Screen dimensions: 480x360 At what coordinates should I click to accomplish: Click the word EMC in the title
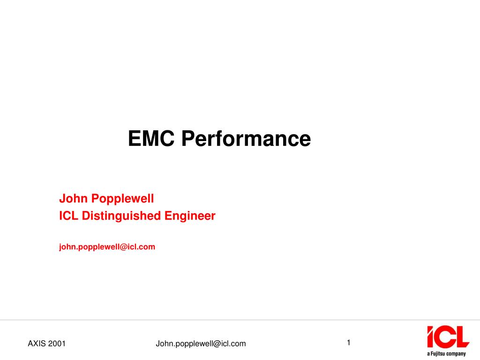(x=151, y=138)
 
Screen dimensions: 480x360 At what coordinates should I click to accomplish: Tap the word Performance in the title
(x=246, y=138)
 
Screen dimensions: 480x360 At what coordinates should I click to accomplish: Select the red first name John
(x=74, y=198)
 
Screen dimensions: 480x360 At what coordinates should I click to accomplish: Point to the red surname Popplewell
(x=122, y=199)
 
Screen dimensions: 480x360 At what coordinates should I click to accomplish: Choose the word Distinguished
(x=121, y=216)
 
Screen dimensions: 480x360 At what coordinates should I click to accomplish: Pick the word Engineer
(x=190, y=216)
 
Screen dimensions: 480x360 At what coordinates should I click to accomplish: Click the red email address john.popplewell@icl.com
(x=107, y=247)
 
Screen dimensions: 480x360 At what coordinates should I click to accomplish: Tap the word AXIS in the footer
(x=37, y=344)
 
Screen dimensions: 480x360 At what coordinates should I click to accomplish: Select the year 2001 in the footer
(x=57, y=344)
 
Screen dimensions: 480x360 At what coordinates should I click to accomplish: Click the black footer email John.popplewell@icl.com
(x=201, y=344)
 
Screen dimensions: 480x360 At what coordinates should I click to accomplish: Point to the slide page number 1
(x=348, y=343)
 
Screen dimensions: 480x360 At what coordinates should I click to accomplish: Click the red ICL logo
(x=448, y=337)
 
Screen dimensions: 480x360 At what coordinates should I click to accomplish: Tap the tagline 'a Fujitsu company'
(x=446, y=354)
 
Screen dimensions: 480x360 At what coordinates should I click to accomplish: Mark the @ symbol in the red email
(x=123, y=247)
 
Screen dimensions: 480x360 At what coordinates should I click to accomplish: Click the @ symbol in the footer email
(x=217, y=344)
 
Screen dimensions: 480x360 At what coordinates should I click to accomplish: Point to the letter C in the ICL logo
(x=445, y=337)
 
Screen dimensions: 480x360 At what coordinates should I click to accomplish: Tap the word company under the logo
(x=456, y=354)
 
